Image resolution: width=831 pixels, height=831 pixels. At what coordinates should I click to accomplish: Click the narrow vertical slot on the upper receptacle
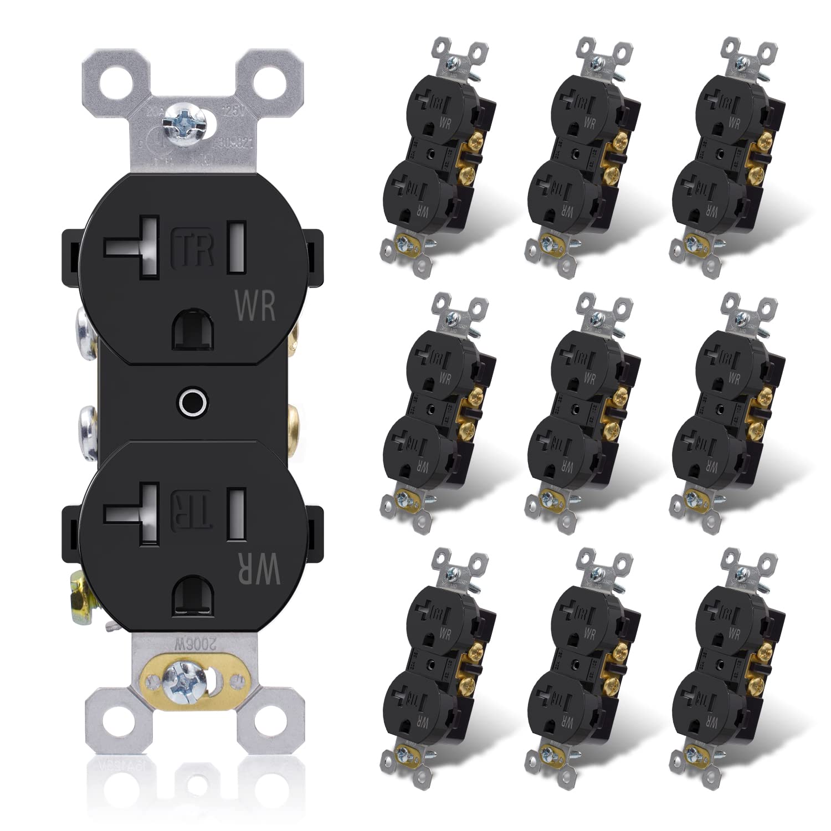click(x=237, y=247)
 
